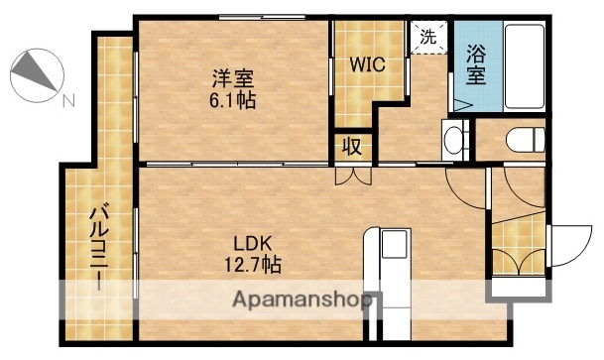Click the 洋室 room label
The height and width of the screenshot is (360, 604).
[230, 77]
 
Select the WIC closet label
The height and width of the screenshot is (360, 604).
[366, 65]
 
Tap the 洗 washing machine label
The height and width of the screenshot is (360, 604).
[427, 38]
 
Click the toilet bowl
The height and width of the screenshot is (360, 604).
[523, 140]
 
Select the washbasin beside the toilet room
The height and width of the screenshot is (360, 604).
[454, 140]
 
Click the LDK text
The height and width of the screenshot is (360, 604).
[251, 244]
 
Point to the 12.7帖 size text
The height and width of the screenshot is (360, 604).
[251, 265]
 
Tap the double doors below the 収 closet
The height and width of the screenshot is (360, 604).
[352, 175]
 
